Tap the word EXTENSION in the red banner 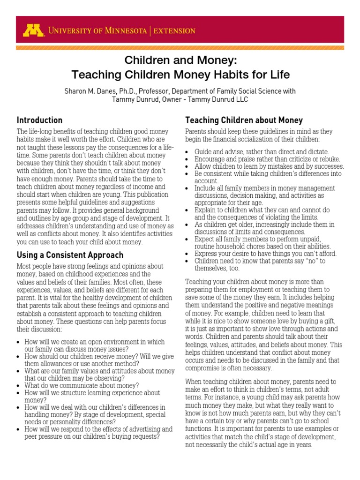coord(175,31)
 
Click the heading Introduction coord(39,120)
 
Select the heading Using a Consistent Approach coord(70,255)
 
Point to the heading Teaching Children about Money coord(244,120)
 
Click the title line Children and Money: coord(180,60)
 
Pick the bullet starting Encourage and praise coord(267,159)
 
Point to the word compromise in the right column coord(207,368)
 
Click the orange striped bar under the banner coord(180,48)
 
